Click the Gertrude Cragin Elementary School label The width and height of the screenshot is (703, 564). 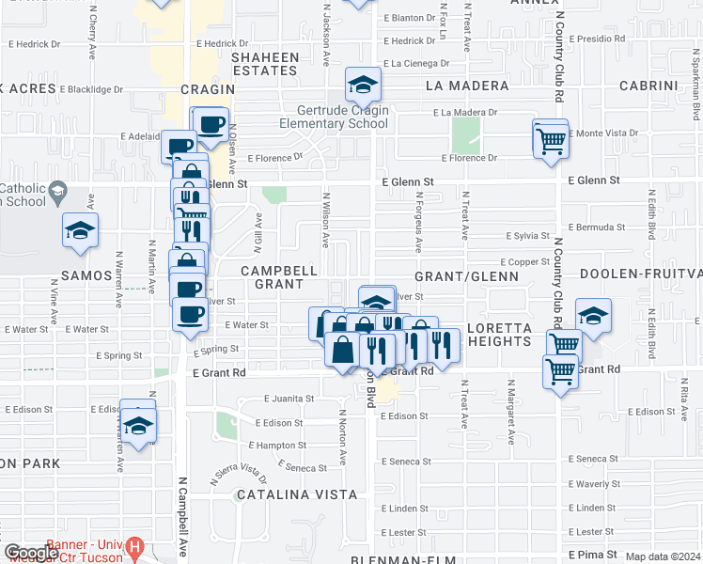(x=335, y=117)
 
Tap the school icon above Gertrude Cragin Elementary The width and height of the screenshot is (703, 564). (x=362, y=86)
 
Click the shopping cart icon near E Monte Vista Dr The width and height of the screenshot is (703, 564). (x=550, y=141)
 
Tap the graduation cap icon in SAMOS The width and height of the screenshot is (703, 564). (x=81, y=231)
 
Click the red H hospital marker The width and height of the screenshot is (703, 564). (x=135, y=546)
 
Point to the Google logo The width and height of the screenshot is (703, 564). (x=30, y=554)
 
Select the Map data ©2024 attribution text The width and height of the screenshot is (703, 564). (x=664, y=557)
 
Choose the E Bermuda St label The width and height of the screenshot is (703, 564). (x=597, y=227)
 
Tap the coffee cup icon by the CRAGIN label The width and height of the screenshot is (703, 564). (x=211, y=123)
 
